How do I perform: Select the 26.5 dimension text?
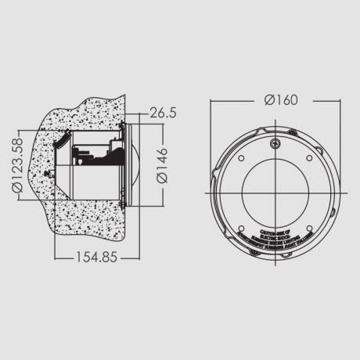click(x=162, y=113)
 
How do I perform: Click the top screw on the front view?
click(x=276, y=144)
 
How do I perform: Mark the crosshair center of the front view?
click(x=278, y=188)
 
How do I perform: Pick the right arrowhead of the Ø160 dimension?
click(x=340, y=101)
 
